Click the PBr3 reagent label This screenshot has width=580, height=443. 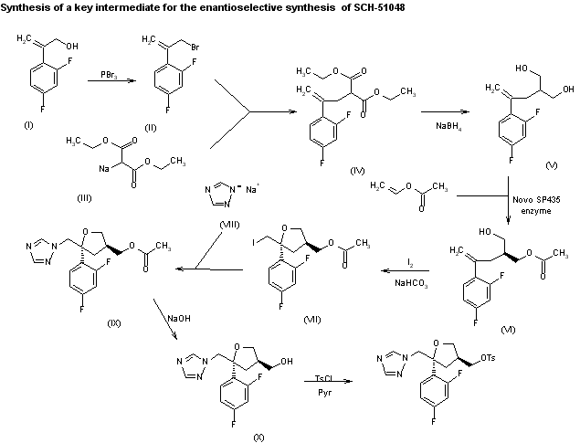(x=109, y=75)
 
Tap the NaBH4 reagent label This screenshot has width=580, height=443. (x=448, y=126)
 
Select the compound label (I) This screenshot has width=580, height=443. (x=28, y=125)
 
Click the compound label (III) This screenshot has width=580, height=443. (x=84, y=198)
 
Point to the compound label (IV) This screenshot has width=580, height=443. (x=357, y=171)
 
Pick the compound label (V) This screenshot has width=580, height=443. (x=552, y=165)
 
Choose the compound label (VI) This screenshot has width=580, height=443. (x=508, y=330)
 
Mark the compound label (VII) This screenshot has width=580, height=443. (x=312, y=320)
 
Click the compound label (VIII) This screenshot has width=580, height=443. (x=229, y=225)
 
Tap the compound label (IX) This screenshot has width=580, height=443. (x=114, y=323)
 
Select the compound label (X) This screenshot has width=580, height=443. (x=258, y=438)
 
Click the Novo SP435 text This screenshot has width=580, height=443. (x=536, y=200)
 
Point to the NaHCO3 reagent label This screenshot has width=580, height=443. (x=411, y=284)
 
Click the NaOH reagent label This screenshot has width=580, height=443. (x=179, y=319)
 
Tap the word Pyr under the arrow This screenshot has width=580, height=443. (x=325, y=393)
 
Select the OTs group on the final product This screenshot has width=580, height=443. (x=488, y=358)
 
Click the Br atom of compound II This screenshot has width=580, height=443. (x=195, y=47)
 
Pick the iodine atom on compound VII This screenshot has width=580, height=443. (x=254, y=243)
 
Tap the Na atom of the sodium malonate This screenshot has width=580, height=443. (x=104, y=169)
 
